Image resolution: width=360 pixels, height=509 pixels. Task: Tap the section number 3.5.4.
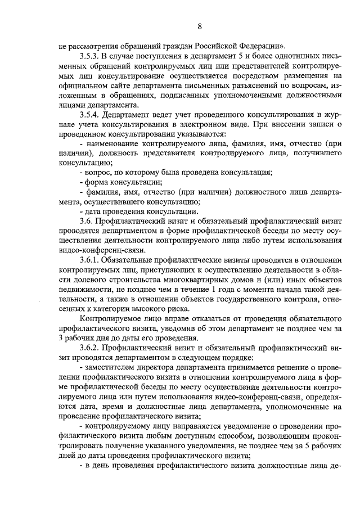(91, 115)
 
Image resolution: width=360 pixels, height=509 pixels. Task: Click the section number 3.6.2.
(91, 348)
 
